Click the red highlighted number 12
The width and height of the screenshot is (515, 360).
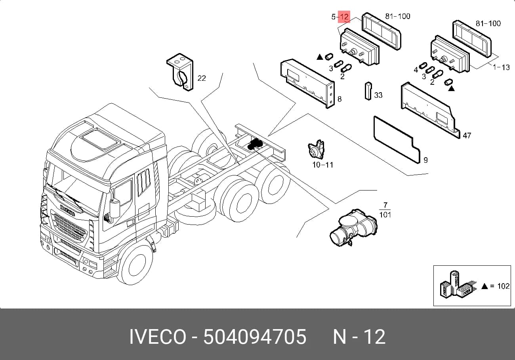coord(344,17)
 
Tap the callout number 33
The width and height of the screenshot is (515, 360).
coord(378,95)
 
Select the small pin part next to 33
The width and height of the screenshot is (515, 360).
coord(368,91)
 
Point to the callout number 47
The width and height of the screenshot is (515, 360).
coord(467,135)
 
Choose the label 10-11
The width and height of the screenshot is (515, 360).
coord(323,165)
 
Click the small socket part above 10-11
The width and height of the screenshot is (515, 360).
coord(317,149)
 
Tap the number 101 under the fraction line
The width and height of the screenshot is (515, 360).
coord(385,215)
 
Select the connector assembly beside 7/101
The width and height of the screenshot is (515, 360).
coord(354,228)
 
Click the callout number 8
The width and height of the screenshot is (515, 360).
coord(340,99)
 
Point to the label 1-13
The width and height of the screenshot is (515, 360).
coord(501,67)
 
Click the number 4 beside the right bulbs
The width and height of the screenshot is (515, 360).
coord(416,70)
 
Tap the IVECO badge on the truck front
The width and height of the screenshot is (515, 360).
coord(67,210)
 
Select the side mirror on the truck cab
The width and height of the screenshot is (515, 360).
coord(115,208)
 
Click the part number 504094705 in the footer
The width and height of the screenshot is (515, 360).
coord(255,337)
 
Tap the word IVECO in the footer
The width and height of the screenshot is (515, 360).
coord(158,337)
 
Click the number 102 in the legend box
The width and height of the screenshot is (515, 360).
coord(503,286)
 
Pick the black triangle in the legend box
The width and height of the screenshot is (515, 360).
coord(484,286)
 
